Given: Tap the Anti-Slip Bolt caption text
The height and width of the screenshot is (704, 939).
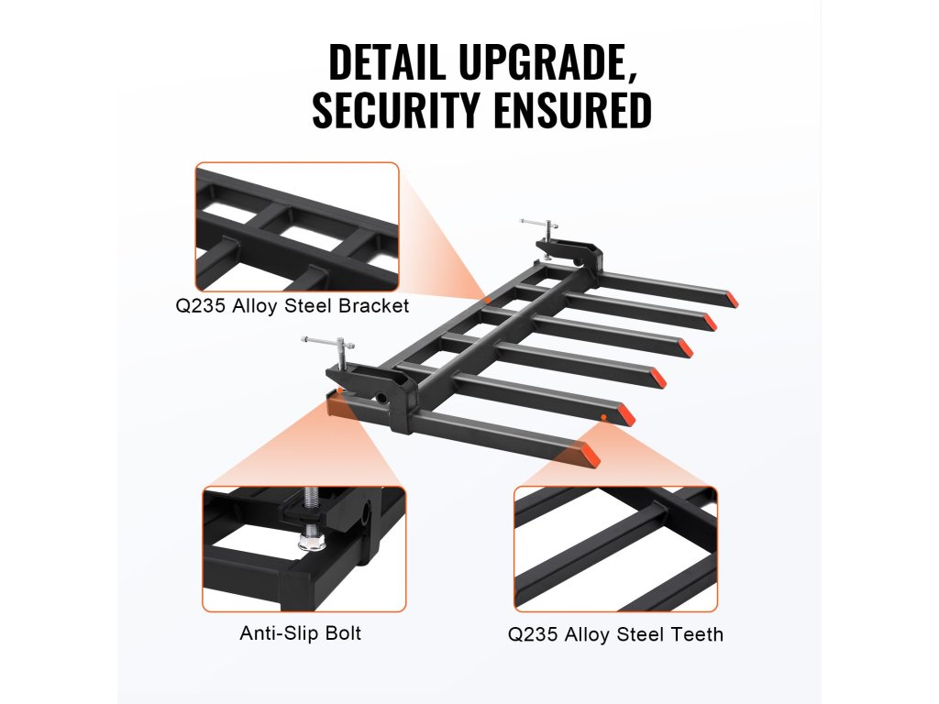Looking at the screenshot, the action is click(301, 633).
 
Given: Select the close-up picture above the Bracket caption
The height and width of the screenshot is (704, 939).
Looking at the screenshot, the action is click(296, 226).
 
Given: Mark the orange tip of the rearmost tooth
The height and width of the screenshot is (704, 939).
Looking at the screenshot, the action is click(732, 300).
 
